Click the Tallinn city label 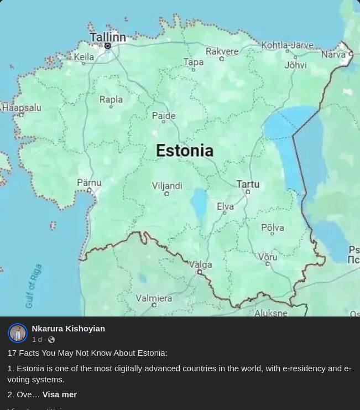click(108, 37)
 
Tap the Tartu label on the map click(248, 184)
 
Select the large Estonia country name click(184, 150)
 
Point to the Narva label click(333, 55)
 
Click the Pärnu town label click(88, 182)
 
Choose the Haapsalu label click(21, 107)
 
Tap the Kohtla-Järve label click(287, 45)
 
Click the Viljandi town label click(167, 186)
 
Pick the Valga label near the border click(200, 264)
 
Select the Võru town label click(268, 257)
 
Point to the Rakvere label click(222, 51)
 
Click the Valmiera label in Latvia click(154, 298)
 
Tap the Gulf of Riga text click(33, 286)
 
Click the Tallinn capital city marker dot click(108, 46)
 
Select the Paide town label click(163, 116)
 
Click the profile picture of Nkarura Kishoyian click(18, 333)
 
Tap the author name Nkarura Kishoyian click(68, 328)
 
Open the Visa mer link click(59, 394)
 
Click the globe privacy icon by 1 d click(51, 340)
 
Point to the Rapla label click(111, 100)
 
